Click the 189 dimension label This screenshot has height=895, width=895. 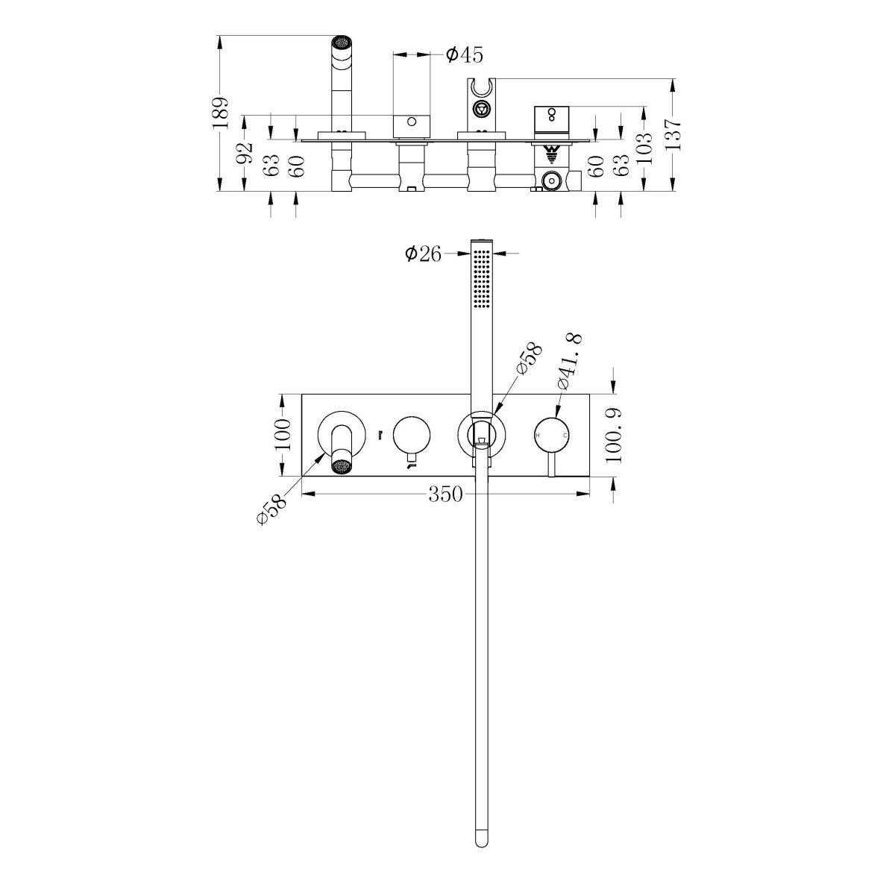pos(219,113)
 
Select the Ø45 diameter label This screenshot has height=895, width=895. pos(464,54)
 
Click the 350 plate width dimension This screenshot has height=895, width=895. pos(446,494)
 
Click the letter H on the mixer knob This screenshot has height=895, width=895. pos(538,434)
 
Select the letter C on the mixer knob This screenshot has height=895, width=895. pos(565,434)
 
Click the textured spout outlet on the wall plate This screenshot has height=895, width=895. pos(341,467)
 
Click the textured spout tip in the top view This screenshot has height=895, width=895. pos(341,43)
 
